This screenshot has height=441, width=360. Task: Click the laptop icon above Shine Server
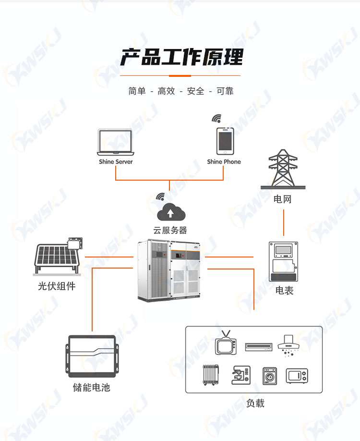pos(116,142)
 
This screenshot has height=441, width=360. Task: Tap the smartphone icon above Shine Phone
pos(225,141)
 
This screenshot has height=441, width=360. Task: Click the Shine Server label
pos(116,162)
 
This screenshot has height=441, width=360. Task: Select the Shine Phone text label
pos(224,162)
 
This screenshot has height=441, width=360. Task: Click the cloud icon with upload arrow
pos(170,212)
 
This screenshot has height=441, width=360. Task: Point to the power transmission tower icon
pos(283,169)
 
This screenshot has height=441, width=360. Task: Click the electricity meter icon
pos(283,261)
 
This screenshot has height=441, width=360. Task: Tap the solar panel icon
pos(59,256)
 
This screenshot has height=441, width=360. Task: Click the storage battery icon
pos(92,356)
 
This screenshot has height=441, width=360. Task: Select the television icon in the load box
pos(226,343)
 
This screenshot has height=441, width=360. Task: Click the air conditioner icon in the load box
pos(259,347)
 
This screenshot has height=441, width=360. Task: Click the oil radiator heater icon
pos(211,375)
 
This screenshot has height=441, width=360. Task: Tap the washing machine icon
pos(269,376)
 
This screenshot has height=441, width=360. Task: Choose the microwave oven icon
pos(297,376)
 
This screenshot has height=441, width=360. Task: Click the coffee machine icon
pos(241,375)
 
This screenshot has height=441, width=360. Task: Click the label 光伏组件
pos(57,286)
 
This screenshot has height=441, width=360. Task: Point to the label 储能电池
pos(92,387)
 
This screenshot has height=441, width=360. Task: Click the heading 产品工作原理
pos(182,57)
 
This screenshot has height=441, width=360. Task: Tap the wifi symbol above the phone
pos(216,118)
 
